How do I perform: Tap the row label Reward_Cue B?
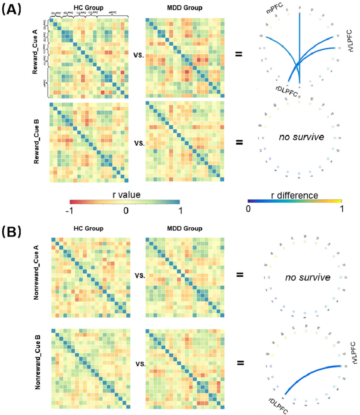click(36, 142)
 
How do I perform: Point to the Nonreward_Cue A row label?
click(36, 277)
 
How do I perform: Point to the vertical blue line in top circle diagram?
click(299, 47)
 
